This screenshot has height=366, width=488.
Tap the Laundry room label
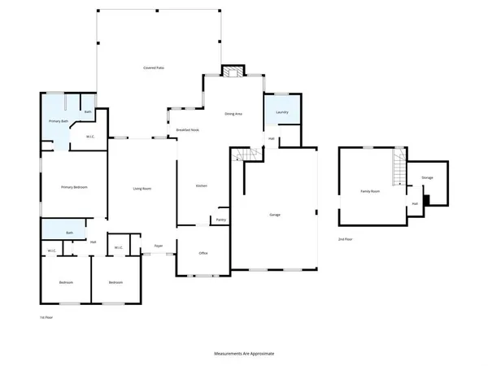[x=282, y=111]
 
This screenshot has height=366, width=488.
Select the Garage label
[x=275, y=215]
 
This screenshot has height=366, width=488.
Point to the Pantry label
[x=220, y=220]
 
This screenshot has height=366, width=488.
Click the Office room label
[x=203, y=253]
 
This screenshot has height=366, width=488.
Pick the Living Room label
[x=143, y=189]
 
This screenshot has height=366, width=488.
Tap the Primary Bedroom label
[x=74, y=188]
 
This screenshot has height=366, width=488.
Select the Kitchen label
[x=201, y=185]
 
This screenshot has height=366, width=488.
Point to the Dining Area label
[x=233, y=114]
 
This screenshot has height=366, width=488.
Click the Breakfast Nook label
[x=188, y=130]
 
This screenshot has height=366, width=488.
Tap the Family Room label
[x=371, y=191]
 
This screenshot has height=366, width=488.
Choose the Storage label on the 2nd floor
[x=427, y=176]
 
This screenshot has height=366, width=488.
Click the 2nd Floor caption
[x=346, y=239]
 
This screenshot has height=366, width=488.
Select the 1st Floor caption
[x=47, y=317]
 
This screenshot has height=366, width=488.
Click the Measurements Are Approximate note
[x=244, y=355]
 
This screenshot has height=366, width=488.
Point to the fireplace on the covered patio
[x=233, y=71]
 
